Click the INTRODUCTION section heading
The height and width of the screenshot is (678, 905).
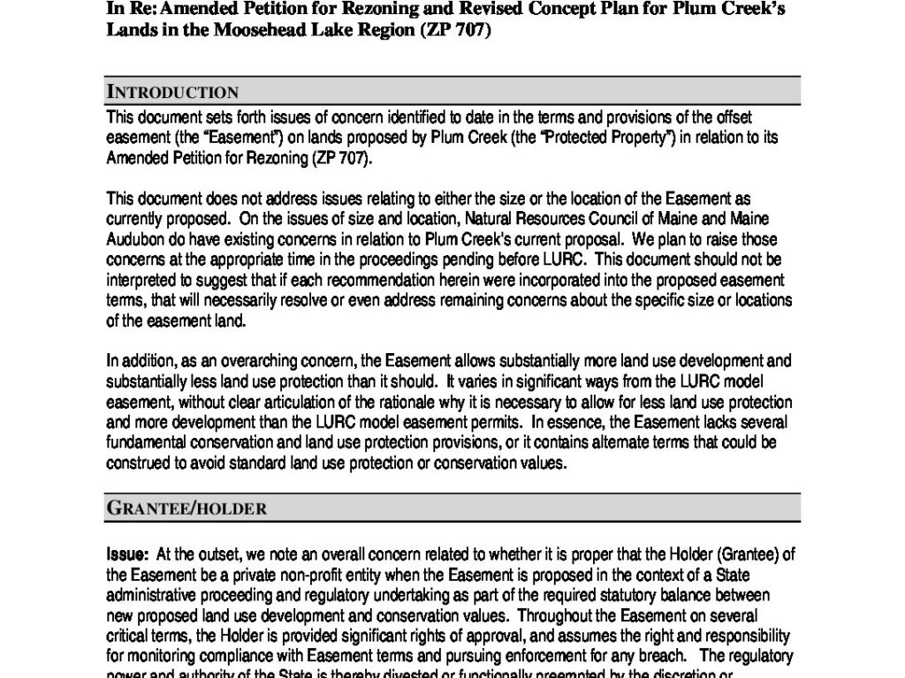pyautogui.click(x=172, y=92)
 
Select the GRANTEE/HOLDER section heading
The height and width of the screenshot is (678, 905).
pyautogui.click(x=186, y=508)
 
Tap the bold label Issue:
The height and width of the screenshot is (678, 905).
pyautogui.click(x=127, y=554)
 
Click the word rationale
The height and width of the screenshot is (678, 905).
pyautogui.click(x=385, y=402)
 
